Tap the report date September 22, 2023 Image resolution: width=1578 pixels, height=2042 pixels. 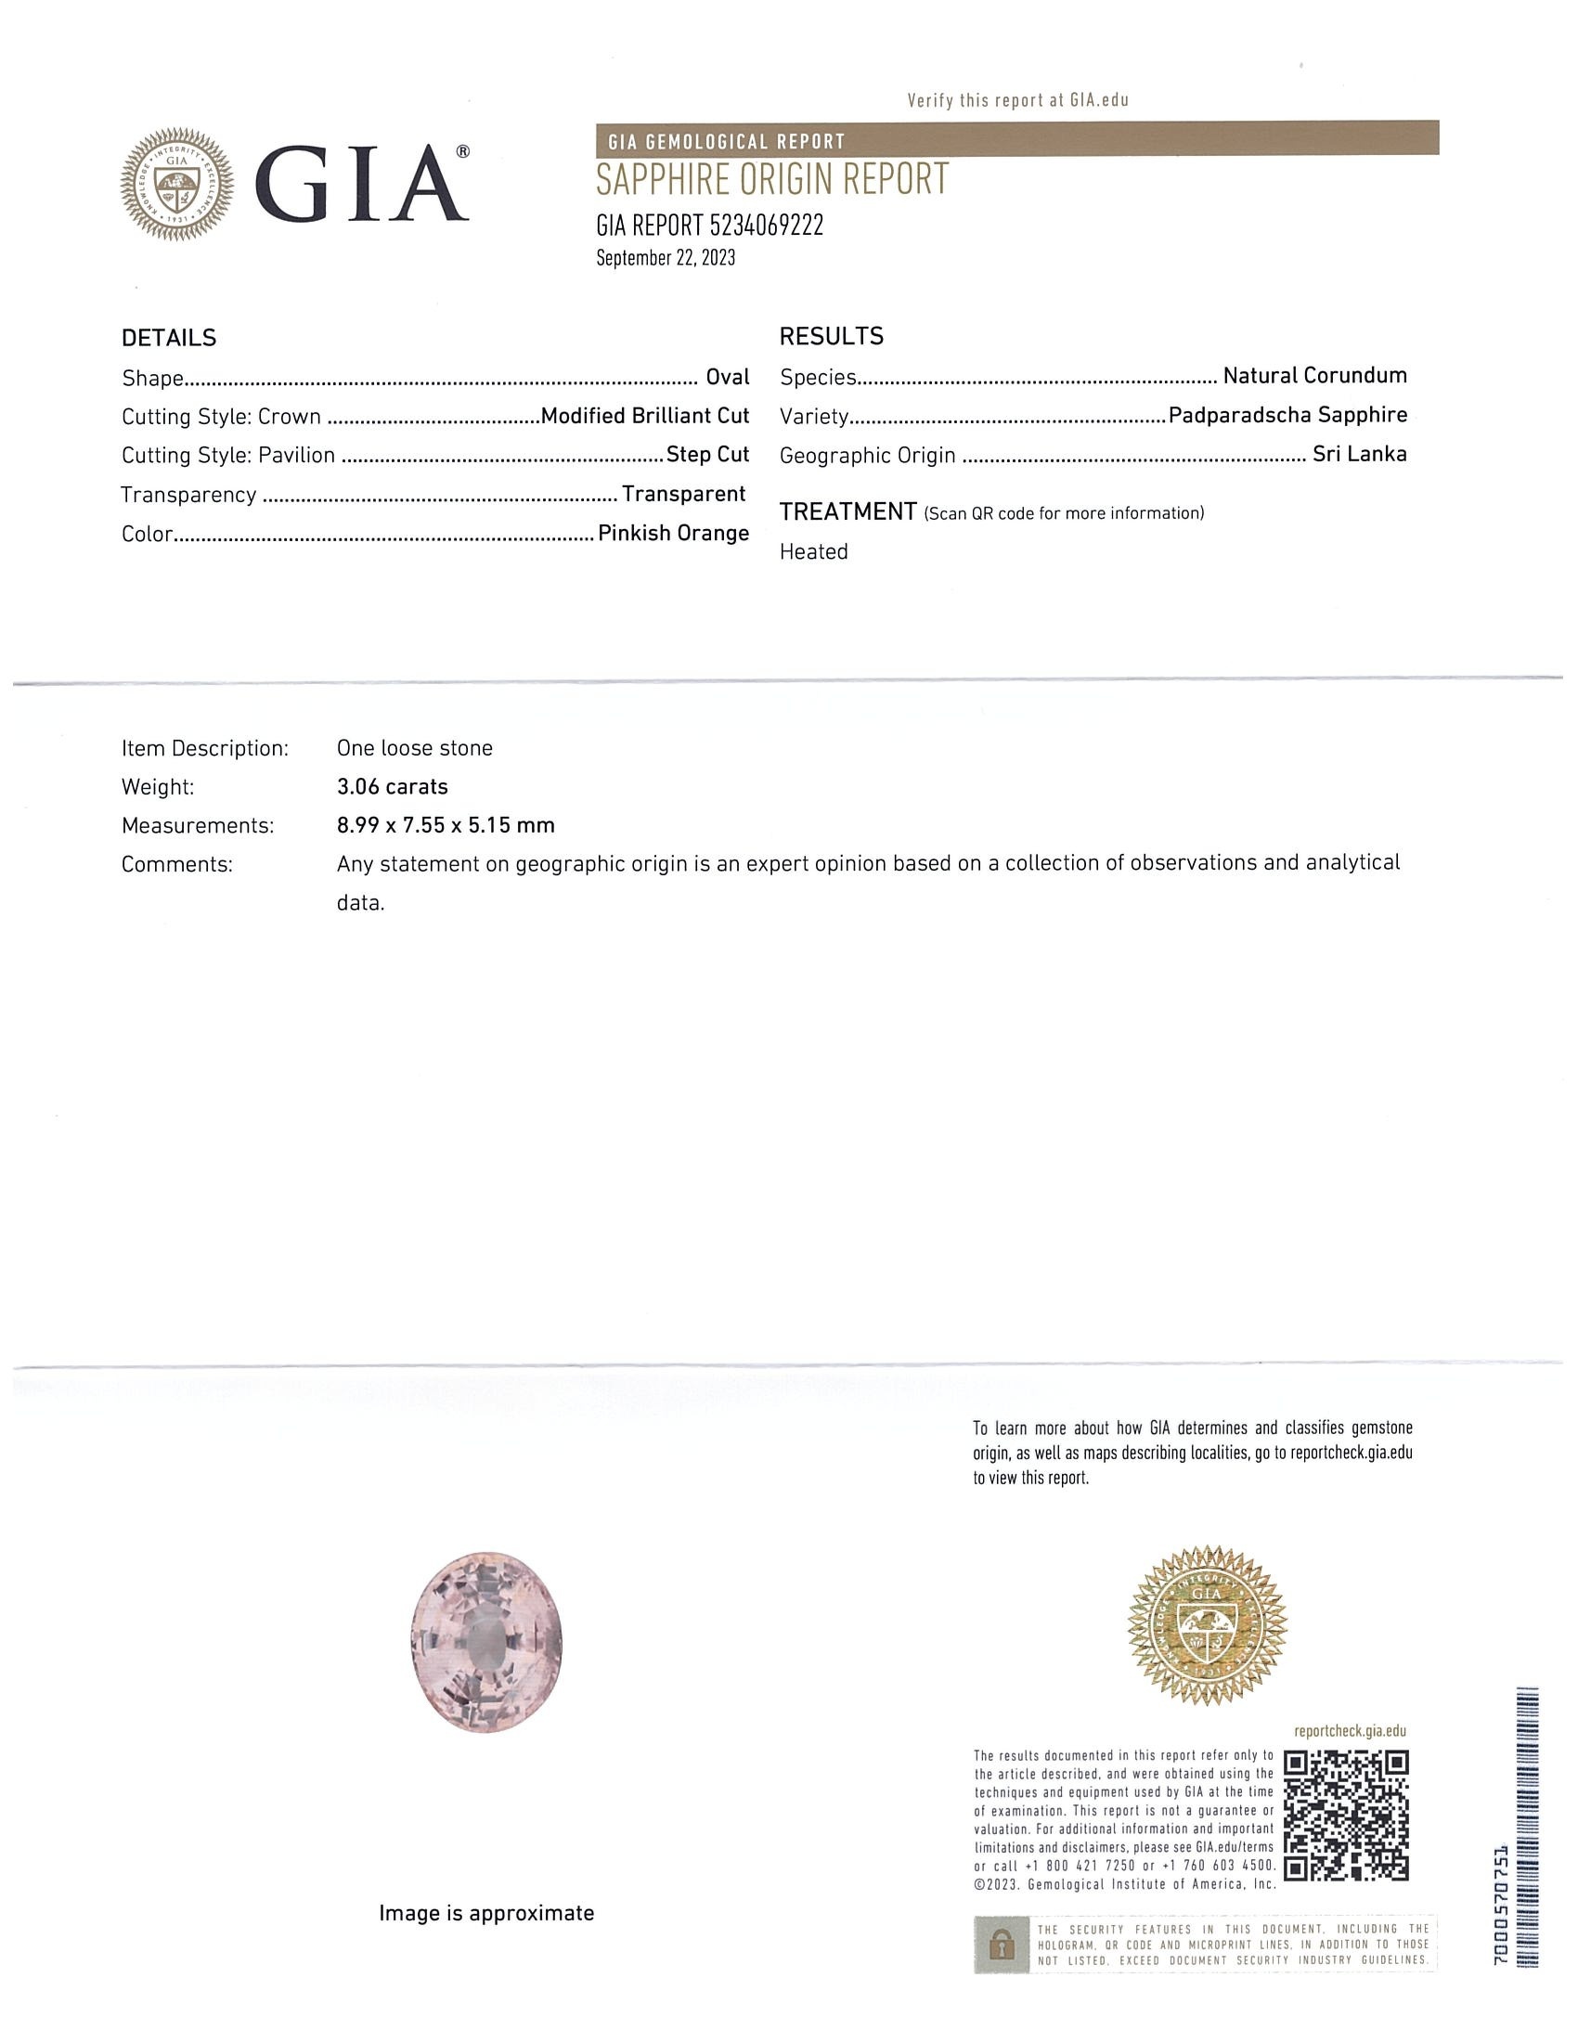click(x=666, y=259)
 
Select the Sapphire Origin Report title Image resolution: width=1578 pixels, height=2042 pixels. click(x=772, y=178)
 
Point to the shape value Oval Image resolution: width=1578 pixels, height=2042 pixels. click(x=728, y=378)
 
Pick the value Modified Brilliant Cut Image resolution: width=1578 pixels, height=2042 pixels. click(x=645, y=416)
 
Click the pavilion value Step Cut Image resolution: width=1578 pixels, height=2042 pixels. click(x=707, y=456)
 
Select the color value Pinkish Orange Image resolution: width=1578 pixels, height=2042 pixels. click(x=673, y=534)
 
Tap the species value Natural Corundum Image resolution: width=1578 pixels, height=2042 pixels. click(x=1314, y=376)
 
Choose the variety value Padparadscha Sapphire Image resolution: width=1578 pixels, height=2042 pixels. click(x=1287, y=415)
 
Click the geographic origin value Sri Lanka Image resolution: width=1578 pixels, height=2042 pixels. click(x=1359, y=455)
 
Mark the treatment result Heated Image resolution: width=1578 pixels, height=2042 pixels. click(x=813, y=552)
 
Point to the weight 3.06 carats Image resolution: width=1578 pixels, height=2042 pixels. click(x=392, y=787)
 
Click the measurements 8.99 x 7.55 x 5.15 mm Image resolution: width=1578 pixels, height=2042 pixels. click(x=445, y=825)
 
